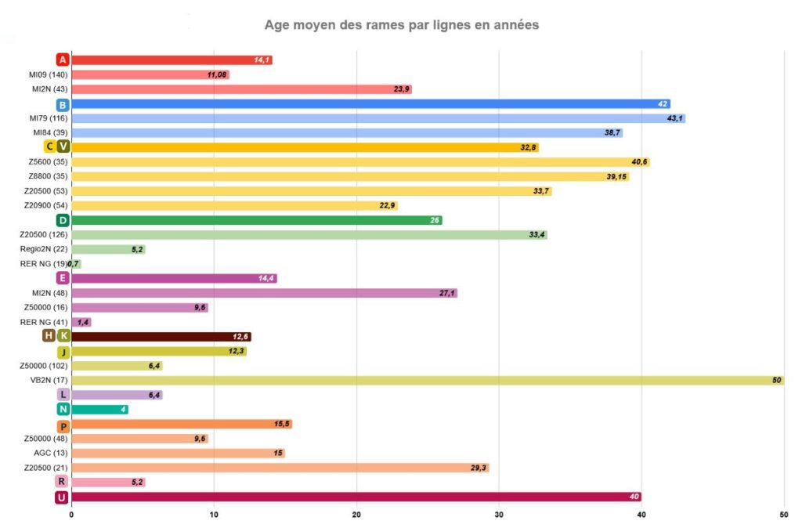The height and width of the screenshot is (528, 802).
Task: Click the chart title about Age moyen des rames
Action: tap(401, 25)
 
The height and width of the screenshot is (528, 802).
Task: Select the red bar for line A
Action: tap(171, 60)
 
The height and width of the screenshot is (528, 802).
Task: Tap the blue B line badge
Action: tap(63, 104)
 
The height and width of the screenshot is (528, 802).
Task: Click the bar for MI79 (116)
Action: tap(378, 118)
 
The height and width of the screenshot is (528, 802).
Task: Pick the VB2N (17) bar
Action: tap(427, 380)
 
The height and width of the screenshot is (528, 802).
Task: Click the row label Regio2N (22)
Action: tap(44, 249)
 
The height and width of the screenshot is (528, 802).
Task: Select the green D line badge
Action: tap(63, 220)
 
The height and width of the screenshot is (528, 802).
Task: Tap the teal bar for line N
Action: tap(99, 409)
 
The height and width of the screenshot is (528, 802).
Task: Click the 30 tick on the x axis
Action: tap(499, 515)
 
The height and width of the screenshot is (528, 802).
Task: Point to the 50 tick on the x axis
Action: tap(784, 515)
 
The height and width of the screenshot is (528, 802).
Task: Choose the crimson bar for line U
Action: tap(356, 497)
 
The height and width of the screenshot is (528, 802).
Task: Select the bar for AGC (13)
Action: tap(178, 453)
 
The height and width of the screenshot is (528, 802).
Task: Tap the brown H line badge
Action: tap(49, 336)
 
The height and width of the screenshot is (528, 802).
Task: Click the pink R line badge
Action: tap(63, 482)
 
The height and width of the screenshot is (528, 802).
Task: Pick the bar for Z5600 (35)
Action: tap(360, 162)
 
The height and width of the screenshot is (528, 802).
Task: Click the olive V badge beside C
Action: tap(63, 147)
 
